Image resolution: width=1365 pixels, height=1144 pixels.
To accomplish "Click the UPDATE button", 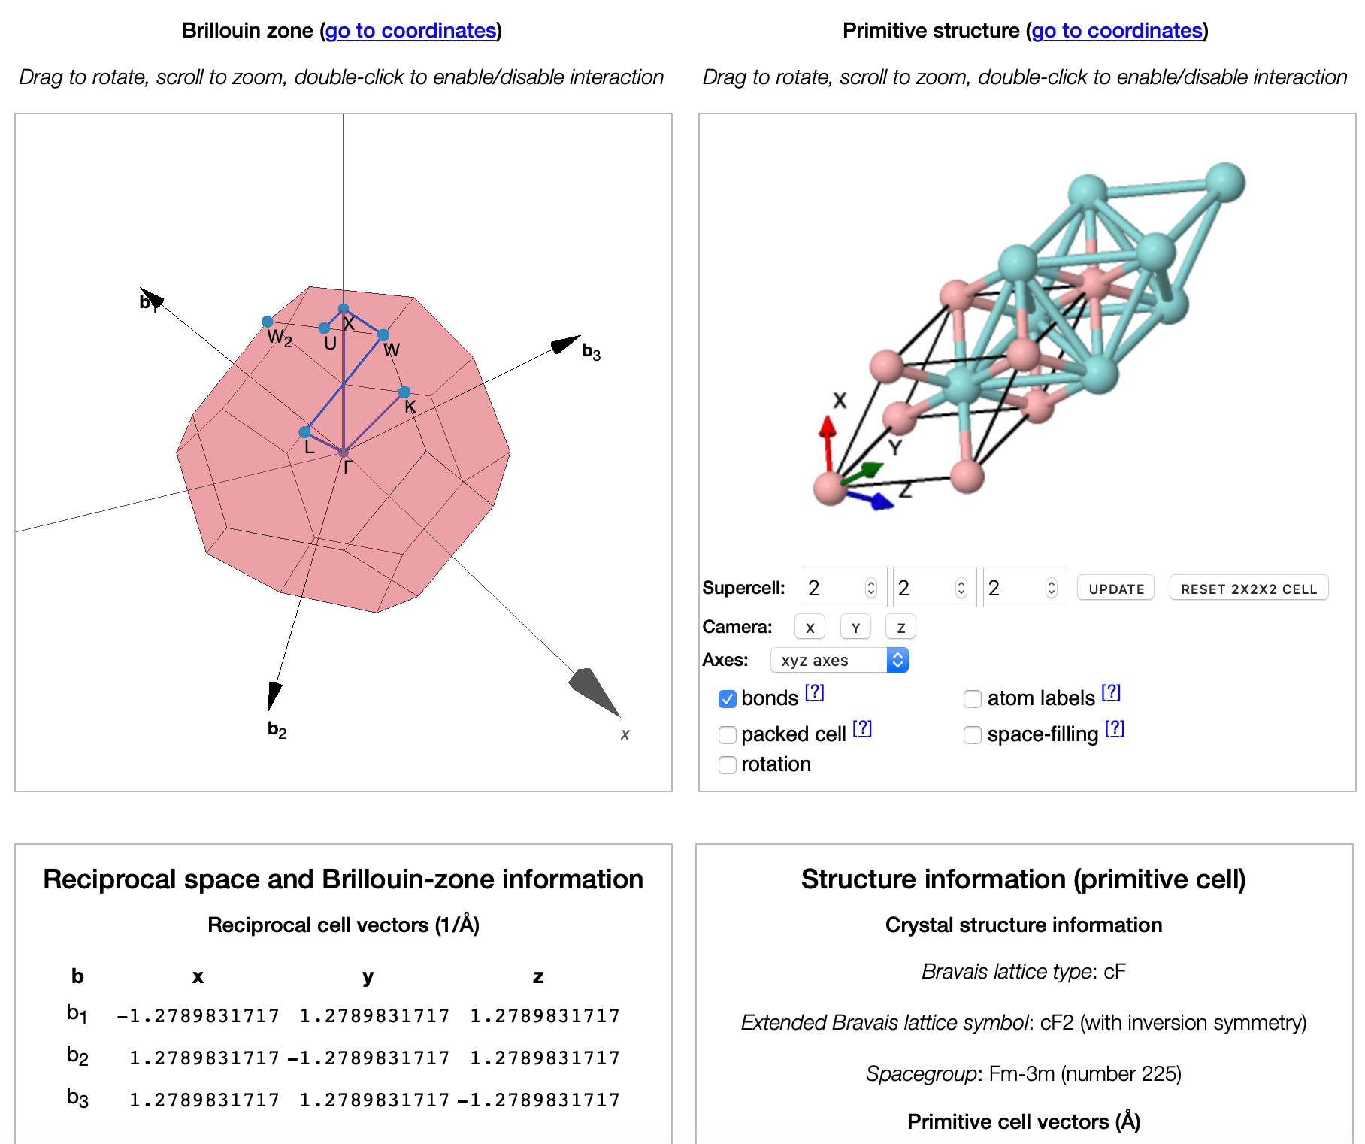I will (1115, 589).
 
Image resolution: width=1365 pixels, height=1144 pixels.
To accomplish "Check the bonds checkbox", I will (727, 699).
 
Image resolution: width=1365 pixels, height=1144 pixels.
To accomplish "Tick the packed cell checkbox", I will (727, 735).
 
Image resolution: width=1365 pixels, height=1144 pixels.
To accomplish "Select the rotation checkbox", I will (727, 765).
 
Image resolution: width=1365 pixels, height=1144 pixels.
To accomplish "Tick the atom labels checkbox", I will (972, 699).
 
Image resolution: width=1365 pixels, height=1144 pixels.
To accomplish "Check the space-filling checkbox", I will (972, 735).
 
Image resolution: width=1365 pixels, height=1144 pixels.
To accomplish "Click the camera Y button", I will (855, 628).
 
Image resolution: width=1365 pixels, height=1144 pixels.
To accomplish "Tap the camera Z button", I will (900, 628).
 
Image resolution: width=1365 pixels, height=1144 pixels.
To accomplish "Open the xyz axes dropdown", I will (839, 660).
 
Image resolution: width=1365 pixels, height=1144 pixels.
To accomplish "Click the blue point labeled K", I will (404, 392).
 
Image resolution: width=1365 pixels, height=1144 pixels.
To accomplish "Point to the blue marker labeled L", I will (304, 432).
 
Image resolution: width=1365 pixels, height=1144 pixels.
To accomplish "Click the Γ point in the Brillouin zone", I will (344, 452).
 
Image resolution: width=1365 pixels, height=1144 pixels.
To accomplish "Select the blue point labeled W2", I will (268, 322).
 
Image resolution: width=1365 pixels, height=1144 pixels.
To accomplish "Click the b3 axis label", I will (591, 352).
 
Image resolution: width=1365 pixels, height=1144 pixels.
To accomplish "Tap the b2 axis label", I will (277, 729).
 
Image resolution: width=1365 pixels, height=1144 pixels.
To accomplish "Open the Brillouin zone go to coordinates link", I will (410, 31).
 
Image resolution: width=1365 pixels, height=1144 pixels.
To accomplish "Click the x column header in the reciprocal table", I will (198, 976).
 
